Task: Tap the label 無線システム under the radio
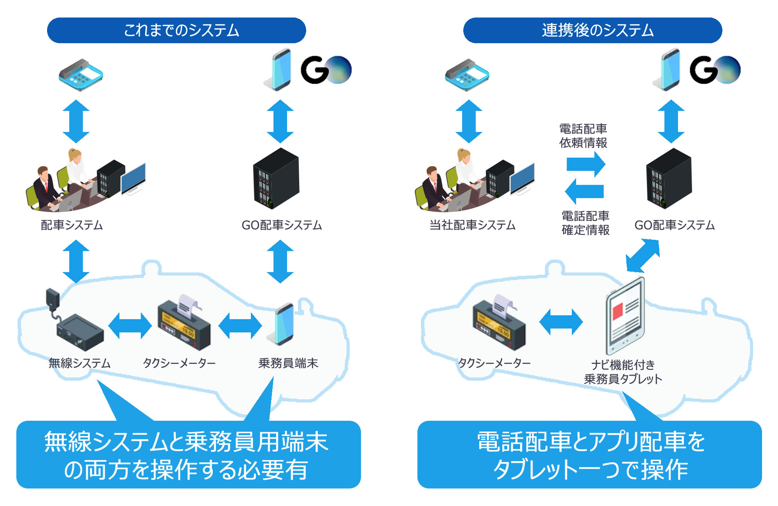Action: [x=79, y=363]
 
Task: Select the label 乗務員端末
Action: [x=288, y=363]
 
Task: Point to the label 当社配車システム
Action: [x=472, y=225]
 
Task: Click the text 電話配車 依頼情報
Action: [x=583, y=136]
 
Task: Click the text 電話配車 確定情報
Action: [x=585, y=223]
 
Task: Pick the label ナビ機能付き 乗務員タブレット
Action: [x=623, y=372]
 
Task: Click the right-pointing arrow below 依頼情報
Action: [x=586, y=164]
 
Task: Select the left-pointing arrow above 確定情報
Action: [x=584, y=191]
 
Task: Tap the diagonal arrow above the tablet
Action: [x=643, y=256]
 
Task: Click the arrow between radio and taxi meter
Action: [x=130, y=325]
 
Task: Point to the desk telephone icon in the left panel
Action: [x=81, y=75]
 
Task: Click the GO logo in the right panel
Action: [x=715, y=70]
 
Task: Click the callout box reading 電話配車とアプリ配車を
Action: [x=589, y=455]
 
